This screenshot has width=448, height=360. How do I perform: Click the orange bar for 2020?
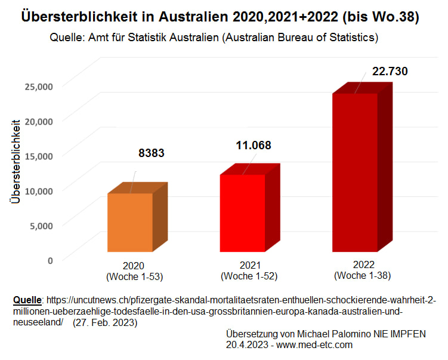coord(130,221)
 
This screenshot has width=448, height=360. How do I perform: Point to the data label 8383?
coord(152,153)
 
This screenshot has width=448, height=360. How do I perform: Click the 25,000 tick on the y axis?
coord(39,86)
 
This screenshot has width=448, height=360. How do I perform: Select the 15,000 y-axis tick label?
coord(39,155)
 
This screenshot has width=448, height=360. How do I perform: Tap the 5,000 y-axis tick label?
coord(41,225)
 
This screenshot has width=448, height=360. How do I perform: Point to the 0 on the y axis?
coord(50,260)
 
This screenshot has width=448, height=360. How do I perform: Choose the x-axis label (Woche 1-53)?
coord(134,277)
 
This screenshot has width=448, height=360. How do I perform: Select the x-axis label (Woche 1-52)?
coord(249,276)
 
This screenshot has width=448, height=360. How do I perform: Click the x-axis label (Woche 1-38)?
coord(363,275)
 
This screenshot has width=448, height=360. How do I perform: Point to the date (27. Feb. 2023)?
coord(104,322)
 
